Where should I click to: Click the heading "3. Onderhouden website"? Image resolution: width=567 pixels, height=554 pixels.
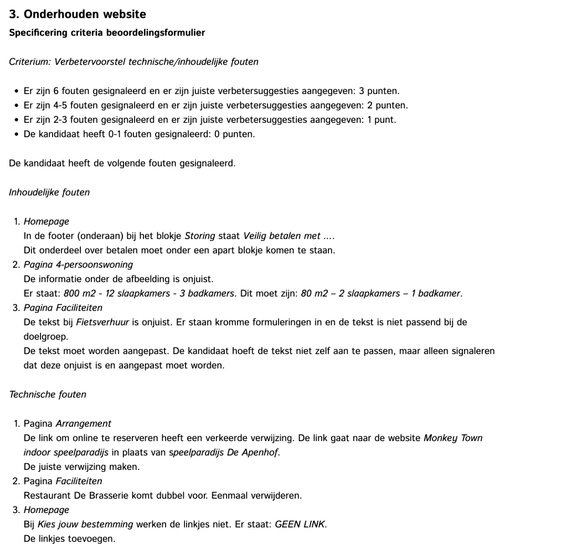pos(78,14)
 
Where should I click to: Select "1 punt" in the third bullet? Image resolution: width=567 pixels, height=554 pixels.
pos(382,120)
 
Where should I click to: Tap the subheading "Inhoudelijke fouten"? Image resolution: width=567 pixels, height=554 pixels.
pos(49,193)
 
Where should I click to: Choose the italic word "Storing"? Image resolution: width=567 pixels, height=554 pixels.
pos(199,236)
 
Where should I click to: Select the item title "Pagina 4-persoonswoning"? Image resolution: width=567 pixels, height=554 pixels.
pos(78,265)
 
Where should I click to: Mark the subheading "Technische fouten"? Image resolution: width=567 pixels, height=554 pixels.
pos(48,395)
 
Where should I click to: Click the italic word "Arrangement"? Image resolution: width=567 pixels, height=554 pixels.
pos(84,423)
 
